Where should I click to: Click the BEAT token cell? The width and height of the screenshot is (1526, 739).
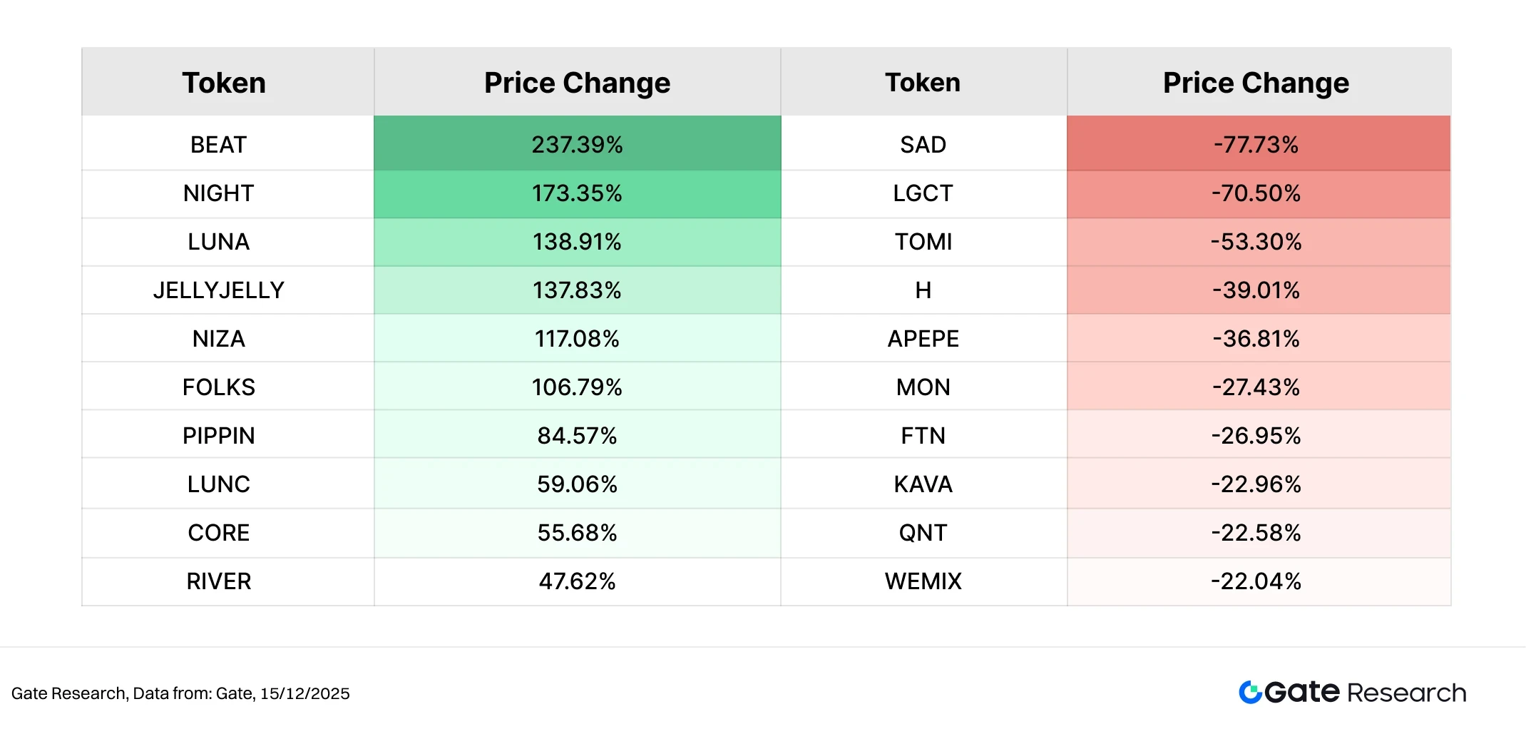(x=218, y=145)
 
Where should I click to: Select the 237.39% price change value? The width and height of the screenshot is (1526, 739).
(x=577, y=145)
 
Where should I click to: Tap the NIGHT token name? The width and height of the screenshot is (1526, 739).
(x=218, y=193)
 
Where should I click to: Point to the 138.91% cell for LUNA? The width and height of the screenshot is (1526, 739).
(x=577, y=242)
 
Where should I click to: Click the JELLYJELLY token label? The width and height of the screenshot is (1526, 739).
(x=218, y=290)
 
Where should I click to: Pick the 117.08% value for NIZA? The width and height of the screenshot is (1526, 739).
(x=577, y=339)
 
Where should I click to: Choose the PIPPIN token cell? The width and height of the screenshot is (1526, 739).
(x=218, y=436)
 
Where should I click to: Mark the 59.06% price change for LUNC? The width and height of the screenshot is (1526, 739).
(x=577, y=484)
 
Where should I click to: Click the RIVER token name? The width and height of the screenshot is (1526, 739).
(x=218, y=581)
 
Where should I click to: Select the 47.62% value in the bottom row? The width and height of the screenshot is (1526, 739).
(x=577, y=581)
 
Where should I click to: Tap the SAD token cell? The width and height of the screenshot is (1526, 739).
(x=923, y=145)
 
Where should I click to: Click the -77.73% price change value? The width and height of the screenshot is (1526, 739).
(x=1256, y=145)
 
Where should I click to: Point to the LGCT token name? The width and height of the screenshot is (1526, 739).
(x=923, y=193)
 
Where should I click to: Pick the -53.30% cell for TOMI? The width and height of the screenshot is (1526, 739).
(x=1256, y=242)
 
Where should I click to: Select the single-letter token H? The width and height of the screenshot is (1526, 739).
(x=923, y=290)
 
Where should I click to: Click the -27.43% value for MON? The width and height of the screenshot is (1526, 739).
(x=1256, y=387)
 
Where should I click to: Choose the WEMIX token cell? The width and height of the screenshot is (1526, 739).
(x=923, y=581)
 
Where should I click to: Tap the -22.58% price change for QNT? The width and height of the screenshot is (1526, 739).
(x=1256, y=533)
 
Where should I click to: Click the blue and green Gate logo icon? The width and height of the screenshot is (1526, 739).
(x=1250, y=692)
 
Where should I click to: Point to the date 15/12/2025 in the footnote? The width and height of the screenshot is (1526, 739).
(x=304, y=693)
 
